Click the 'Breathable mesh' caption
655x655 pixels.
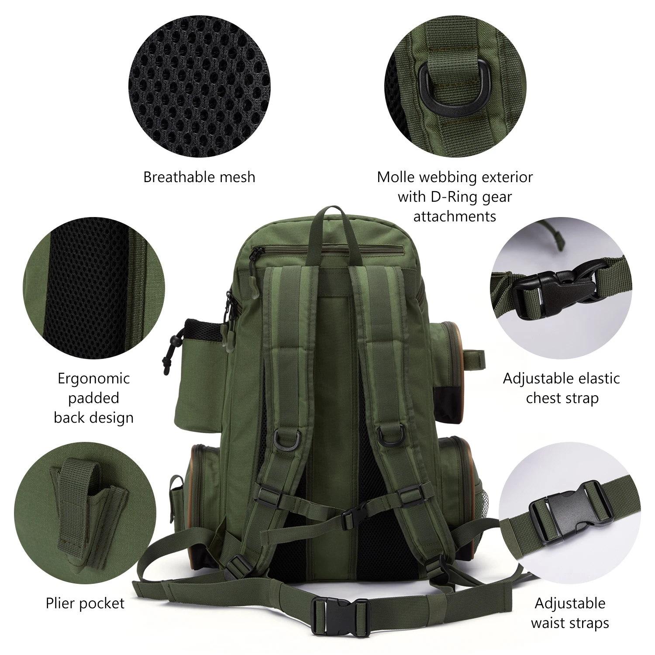199,177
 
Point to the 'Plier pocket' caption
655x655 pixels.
85,603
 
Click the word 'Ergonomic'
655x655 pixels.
94,379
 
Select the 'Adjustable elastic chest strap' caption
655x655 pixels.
562,388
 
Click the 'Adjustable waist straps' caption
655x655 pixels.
570,613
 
